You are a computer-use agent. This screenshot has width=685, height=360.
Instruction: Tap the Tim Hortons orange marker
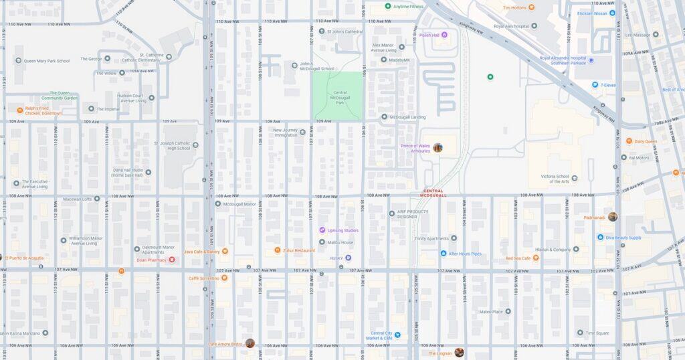(531, 7)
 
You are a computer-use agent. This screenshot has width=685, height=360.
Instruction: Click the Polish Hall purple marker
(444, 35)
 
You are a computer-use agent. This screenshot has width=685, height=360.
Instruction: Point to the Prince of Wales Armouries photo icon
(437, 147)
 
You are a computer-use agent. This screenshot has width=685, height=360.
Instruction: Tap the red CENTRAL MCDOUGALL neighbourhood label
(433, 193)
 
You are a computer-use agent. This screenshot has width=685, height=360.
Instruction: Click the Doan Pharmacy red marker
(172, 260)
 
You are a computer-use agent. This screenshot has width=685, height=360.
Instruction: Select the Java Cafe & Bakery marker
(225, 252)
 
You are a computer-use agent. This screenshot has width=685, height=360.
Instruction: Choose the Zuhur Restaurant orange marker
(278, 250)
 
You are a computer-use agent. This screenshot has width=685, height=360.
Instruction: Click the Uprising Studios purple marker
(322, 230)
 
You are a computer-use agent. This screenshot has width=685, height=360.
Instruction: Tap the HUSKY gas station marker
(348, 258)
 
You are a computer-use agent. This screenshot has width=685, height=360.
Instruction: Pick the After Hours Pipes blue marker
(443, 254)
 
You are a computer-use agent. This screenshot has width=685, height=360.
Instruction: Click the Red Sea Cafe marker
(535, 258)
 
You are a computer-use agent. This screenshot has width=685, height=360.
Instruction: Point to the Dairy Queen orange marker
(629, 141)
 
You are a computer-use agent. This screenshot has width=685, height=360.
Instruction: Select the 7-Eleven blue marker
(595, 85)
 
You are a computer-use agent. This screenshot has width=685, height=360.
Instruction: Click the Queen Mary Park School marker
(19, 61)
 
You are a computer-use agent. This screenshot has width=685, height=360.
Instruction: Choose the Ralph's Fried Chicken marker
(20, 109)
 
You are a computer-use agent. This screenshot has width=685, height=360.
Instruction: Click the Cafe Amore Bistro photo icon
(250, 343)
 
